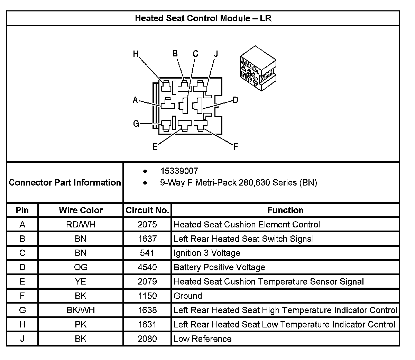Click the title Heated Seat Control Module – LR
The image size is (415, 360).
tap(203, 18)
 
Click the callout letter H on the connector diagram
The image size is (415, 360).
tap(136, 54)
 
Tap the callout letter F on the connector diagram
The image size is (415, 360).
tap(236, 147)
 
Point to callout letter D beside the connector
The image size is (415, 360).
tap(235, 100)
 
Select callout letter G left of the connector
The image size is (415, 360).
tap(136, 124)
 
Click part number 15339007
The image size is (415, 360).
tap(179, 171)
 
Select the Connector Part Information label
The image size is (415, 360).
tap(65, 182)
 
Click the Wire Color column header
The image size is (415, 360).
tap(81, 210)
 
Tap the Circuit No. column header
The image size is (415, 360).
tap(147, 210)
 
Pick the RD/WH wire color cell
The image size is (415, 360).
tap(81, 225)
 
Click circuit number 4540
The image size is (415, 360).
tap(147, 267)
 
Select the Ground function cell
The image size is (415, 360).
tap(188, 296)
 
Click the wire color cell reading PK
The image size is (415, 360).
tap(81, 324)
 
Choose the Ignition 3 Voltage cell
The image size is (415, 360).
tap(207, 253)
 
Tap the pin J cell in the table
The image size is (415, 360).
tap(22, 339)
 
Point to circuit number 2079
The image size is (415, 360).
tap(147, 282)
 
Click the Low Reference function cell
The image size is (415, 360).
tap(202, 339)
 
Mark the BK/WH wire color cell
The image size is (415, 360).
tap(81, 310)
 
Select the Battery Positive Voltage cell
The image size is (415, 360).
tap(219, 267)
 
